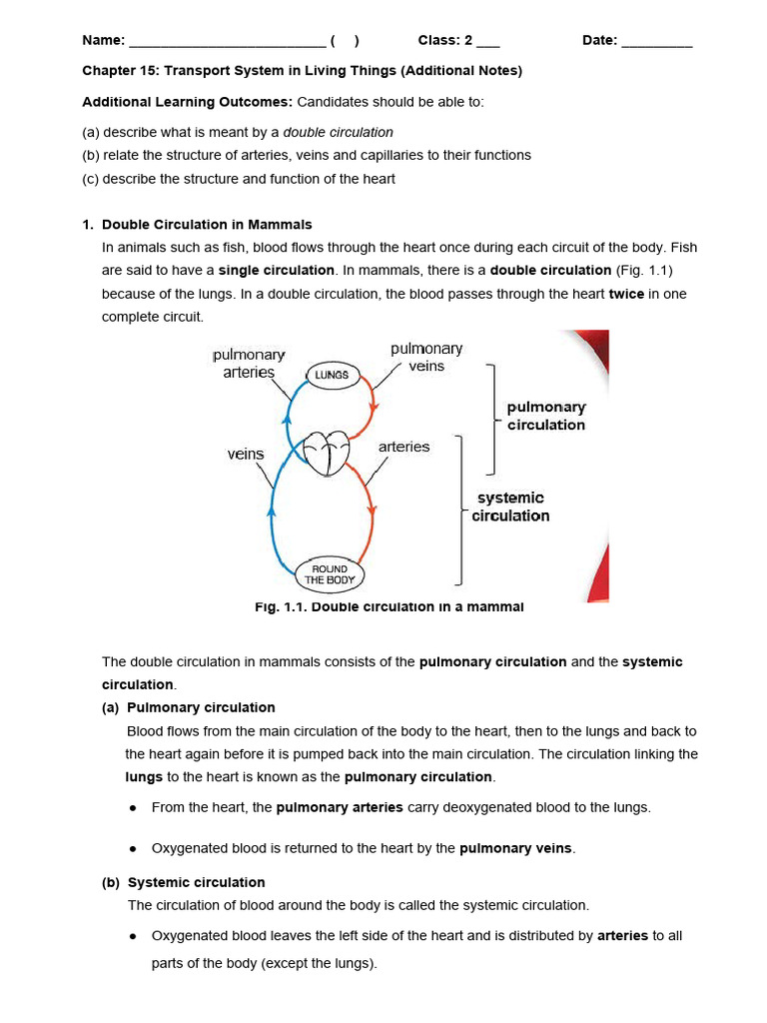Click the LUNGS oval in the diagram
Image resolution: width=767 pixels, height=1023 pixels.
click(332, 375)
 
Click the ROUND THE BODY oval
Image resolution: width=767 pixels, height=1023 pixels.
click(330, 574)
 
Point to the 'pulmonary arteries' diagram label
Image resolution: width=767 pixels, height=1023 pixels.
click(249, 364)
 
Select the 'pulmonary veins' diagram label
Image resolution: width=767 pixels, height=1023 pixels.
click(426, 357)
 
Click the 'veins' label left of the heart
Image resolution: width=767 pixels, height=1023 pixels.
click(246, 454)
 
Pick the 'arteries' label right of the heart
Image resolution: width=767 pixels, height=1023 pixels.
click(403, 447)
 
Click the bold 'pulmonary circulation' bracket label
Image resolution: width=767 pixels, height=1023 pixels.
click(545, 416)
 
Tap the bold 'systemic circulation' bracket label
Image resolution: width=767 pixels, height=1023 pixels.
click(510, 507)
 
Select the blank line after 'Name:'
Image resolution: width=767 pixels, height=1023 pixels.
click(227, 41)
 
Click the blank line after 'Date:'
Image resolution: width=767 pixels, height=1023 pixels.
click(656, 41)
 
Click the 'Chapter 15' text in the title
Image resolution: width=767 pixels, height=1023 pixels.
click(119, 71)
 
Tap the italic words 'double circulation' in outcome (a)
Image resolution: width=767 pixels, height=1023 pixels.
click(339, 132)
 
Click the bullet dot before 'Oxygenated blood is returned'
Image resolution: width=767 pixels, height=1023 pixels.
click(134, 848)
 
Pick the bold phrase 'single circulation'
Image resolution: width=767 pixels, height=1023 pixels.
click(277, 270)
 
